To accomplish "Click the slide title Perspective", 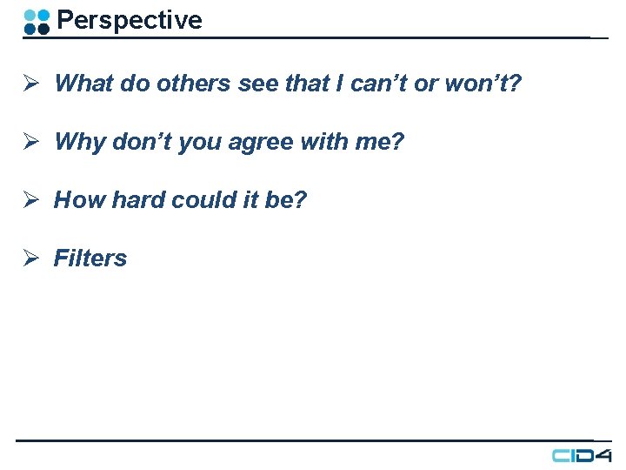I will click(129, 20).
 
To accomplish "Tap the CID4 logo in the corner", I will click(583, 455).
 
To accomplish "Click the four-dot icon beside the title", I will click(37, 22).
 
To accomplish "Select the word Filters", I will click(90, 258).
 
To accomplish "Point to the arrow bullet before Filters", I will click(29, 258).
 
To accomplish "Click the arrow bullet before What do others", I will click(29, 84).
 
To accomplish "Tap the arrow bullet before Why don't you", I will click(29, 142).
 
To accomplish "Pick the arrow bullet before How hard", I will click(29, 200).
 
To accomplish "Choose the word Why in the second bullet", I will click(79, 142).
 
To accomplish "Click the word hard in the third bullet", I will click(138, 200).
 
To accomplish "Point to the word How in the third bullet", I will click(79, 200).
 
